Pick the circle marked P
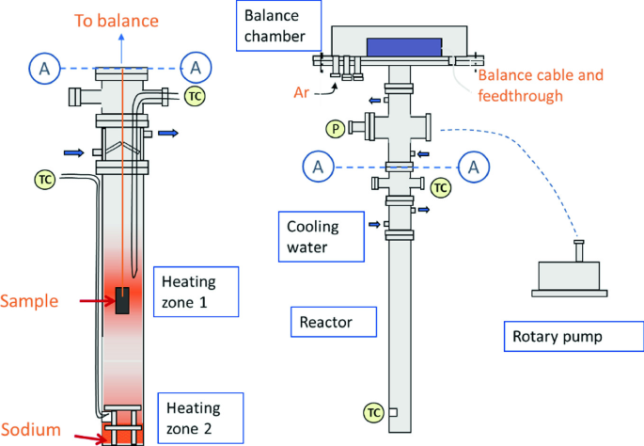pyautogui.click(x=333, y=128)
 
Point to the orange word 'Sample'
pyautogui.click(x=30, y=301)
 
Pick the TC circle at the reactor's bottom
pyautogui.click(x=373, y=412)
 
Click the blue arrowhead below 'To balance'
pyautogui.click(x=123, y=42)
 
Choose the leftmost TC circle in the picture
pyautogui.click(x=43, y=178)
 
